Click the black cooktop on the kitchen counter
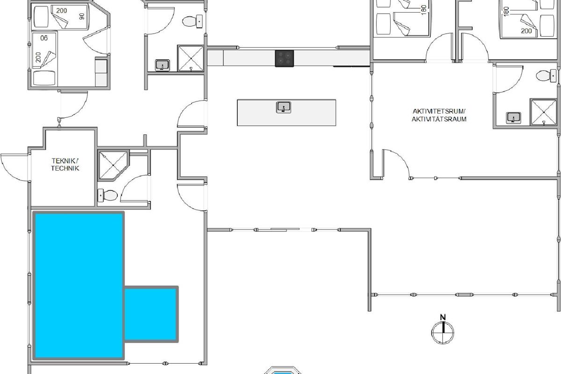point(285,58)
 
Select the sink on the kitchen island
point(283,107)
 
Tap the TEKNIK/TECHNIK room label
point(65,165)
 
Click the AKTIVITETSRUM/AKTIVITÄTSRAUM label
point(439,115)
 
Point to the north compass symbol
point(443,332)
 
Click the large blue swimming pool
point(79,286)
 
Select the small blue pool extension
point(151,314)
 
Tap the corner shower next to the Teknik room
point(113,165)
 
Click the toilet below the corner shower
point(108,195)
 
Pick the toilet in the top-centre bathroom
point(192,22)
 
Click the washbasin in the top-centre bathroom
point(162,65)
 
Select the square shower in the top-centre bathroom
point(191,58)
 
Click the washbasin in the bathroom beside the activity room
point(513,118)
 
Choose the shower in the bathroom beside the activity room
point(543,112)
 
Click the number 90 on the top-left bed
point(82,16)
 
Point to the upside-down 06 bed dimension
point(44,38)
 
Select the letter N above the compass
point(443,317)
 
